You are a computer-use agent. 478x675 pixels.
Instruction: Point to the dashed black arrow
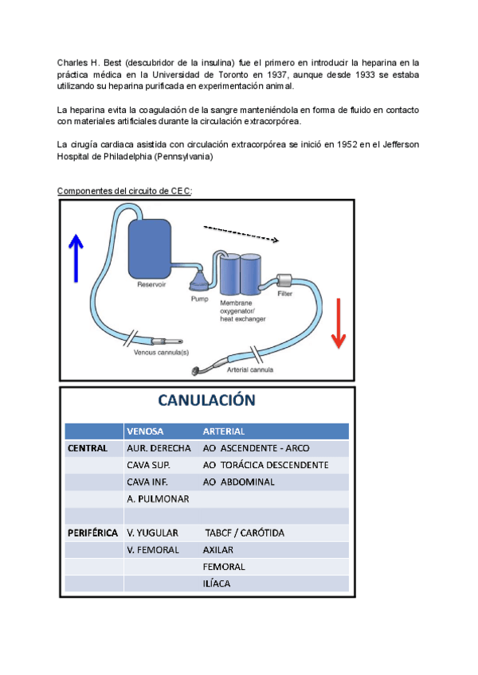click(x=241, y=232)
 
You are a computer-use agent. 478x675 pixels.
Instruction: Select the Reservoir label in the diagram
click(x=151, y=284)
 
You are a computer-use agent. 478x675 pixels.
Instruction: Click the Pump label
click(x=198, y=299)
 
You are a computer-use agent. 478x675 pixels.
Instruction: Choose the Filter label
click(x=284, y=294)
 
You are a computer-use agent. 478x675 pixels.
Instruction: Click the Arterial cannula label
click(x=251, y=369)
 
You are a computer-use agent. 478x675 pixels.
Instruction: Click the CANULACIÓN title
click(x=207, y=401)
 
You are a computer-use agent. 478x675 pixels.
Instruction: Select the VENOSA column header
click(x=145, y=431)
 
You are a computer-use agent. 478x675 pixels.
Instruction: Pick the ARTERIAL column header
click(x=224, y=431)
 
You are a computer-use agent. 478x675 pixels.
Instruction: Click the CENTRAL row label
click(x=87, y=448)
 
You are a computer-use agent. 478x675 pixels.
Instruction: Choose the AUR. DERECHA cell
click(x=159, y=448)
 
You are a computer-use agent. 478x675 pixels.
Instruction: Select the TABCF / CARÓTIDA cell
click(x=245, y=533)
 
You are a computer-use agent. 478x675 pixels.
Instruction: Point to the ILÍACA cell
click(x=217, y=583)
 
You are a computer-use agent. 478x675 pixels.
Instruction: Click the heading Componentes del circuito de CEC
click(x=124, y=190)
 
